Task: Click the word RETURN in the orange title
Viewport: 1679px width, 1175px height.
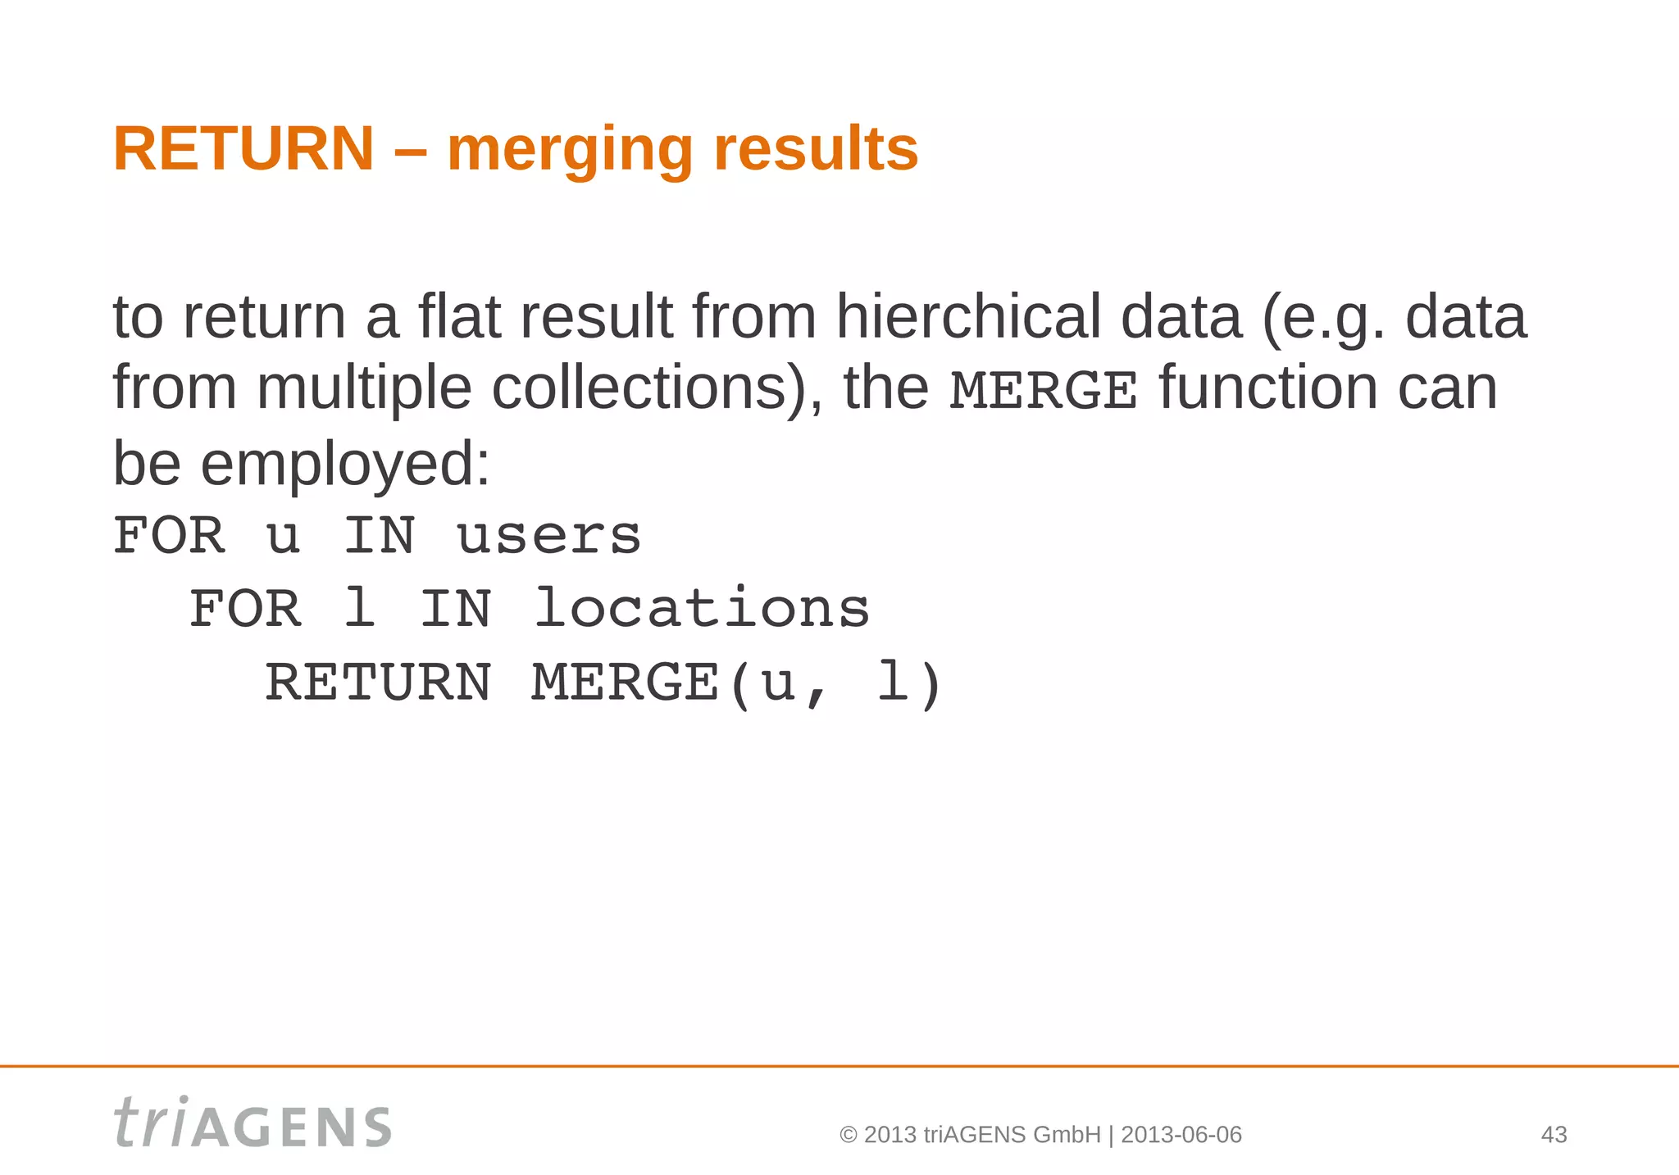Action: [x=243, y=149]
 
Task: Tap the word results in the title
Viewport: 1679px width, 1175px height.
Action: [x=816, y=149]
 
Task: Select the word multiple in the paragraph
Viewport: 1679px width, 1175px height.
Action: [x=364, y=388]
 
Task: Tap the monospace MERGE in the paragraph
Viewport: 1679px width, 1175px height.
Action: [x=1043, y=390]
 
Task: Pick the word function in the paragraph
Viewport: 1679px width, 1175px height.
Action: [x=1267, y=388]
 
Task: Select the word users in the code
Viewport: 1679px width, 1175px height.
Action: [x=548, y=536]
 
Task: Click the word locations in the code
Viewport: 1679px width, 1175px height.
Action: [x=702, y=609]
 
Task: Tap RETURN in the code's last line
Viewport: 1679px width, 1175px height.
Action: [x=378, y=683]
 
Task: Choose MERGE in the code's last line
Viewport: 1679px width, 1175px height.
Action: [x=625, y=683]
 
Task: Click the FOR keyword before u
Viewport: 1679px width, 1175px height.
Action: [x=169, y=536]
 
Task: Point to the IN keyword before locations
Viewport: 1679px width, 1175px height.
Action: [x=455, y=609]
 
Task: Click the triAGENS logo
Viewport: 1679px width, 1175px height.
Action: [x=253, y=1123]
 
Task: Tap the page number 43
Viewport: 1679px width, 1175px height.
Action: [x=1554, y=1135]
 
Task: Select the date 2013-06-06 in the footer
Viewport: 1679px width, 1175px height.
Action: [x=1181, y=1135]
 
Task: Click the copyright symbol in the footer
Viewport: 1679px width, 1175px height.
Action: [x=849, y=1135]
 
